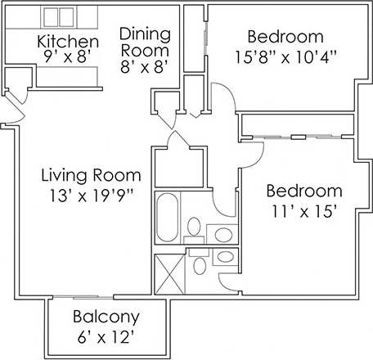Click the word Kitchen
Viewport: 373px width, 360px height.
tap(69, 42)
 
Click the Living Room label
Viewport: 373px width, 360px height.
tap(92, 176)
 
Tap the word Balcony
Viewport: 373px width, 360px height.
tap(106, 317)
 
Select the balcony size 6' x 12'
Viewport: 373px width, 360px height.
tap(106, 335)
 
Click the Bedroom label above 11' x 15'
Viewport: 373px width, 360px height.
tap(304, 191)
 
